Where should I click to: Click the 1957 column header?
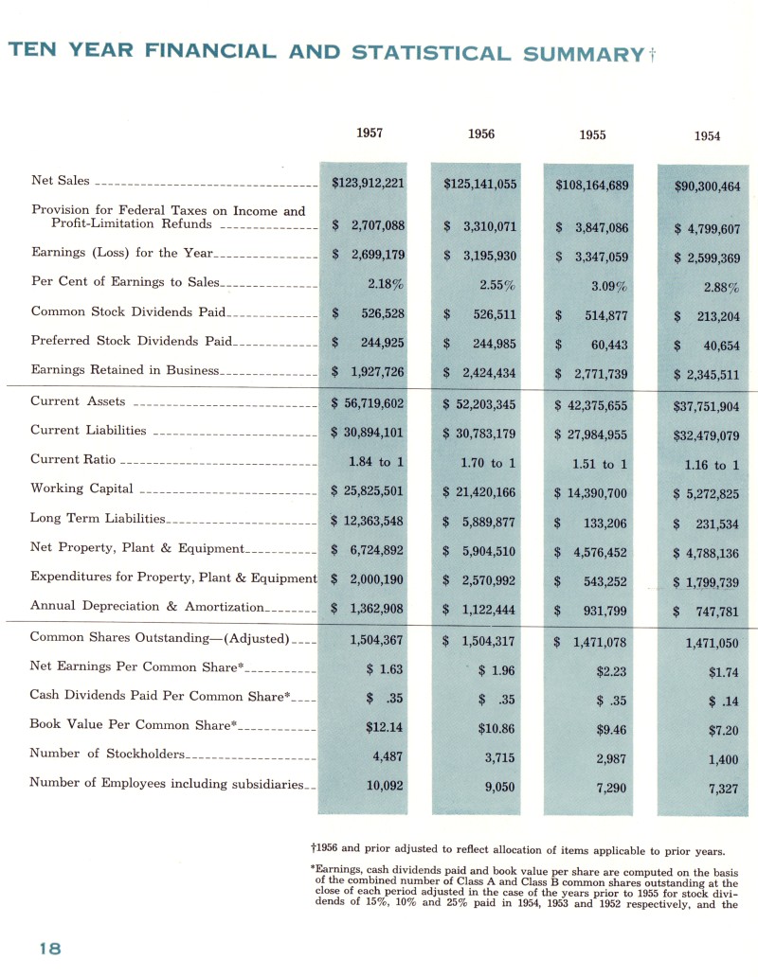pos(370,133)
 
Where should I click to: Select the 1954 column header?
pos(707,136)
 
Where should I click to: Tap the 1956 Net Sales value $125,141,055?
pos(480,184)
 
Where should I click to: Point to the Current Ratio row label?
pos(73,459)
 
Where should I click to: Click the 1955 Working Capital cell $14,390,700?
pos(591,493)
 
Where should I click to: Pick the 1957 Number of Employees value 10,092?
pos(385,784)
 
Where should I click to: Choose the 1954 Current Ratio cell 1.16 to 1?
pos(712,465)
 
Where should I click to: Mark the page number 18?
pos(50,949)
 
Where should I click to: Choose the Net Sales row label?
pos(61,181)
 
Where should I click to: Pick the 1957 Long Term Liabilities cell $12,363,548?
pos(369,522)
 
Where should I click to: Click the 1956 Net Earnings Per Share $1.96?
pos(496,670)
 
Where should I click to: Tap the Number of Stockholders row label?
pos(108,754)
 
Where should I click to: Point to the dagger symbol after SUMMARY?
pos(653,55)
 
